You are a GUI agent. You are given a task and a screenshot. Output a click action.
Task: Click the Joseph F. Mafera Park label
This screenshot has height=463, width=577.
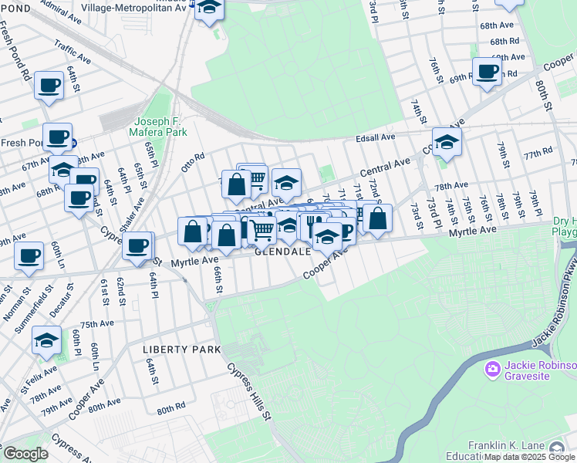160,127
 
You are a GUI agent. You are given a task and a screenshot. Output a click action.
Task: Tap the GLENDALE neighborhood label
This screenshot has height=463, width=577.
283,252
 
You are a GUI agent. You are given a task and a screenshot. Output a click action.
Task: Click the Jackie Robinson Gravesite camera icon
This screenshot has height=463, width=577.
492,370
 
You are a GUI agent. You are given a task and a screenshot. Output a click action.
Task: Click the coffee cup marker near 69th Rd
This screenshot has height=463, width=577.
487,72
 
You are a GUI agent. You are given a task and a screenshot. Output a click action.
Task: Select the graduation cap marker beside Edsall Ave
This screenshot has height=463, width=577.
447,141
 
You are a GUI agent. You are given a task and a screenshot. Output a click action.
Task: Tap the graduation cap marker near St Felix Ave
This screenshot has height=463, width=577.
46,340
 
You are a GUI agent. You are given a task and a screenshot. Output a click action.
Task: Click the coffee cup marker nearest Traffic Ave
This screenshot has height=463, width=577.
49,85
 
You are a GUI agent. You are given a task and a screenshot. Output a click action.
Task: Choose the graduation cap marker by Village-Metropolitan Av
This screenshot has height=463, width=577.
208,8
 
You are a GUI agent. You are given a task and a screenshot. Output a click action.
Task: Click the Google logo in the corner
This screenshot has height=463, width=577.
25,454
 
